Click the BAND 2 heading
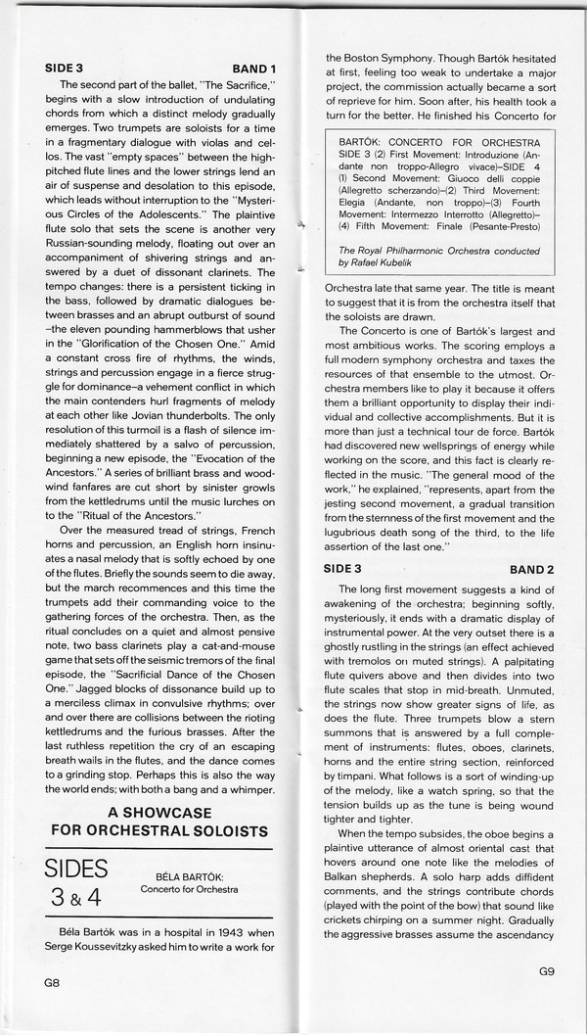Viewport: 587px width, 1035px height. (532, 568)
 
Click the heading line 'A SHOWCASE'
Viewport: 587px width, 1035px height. (161, 812)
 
